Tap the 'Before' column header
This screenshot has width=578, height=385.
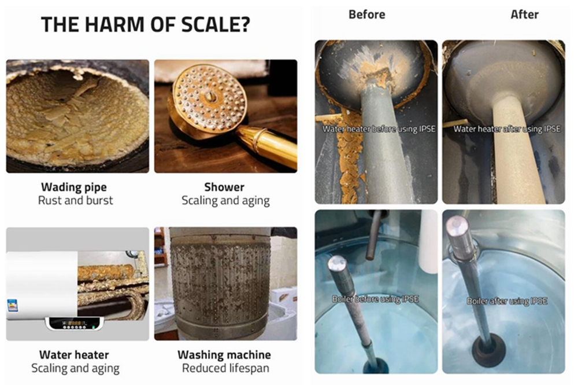click(x=367, y=14)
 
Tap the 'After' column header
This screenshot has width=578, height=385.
click(x=524, y=14)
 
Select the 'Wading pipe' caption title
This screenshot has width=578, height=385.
click(x=74, y=187)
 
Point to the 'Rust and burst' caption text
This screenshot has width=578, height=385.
click(x=76, y=200)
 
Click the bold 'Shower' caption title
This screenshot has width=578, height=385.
click(x=224, y=187)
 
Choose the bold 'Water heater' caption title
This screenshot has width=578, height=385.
click(x=74, y=355)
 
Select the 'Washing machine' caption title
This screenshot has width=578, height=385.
click(x=224, y=355)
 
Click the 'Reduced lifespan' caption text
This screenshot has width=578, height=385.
click(x=225, y=368)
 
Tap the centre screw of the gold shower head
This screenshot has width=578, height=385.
click(x=211, y=97)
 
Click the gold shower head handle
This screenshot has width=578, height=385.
click(x=265, y=144)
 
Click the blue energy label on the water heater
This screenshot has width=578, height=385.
click(x=13, y=305)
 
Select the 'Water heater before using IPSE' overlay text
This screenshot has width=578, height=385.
click(x=379, y=129)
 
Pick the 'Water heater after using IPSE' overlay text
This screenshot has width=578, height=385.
click(x=507, y=129)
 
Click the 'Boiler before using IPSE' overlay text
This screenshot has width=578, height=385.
click(x=375, y=299)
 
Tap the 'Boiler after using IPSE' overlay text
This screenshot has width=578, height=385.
click(x=507, y=301)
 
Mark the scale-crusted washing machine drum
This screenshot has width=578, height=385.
click(x=221, y=283)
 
